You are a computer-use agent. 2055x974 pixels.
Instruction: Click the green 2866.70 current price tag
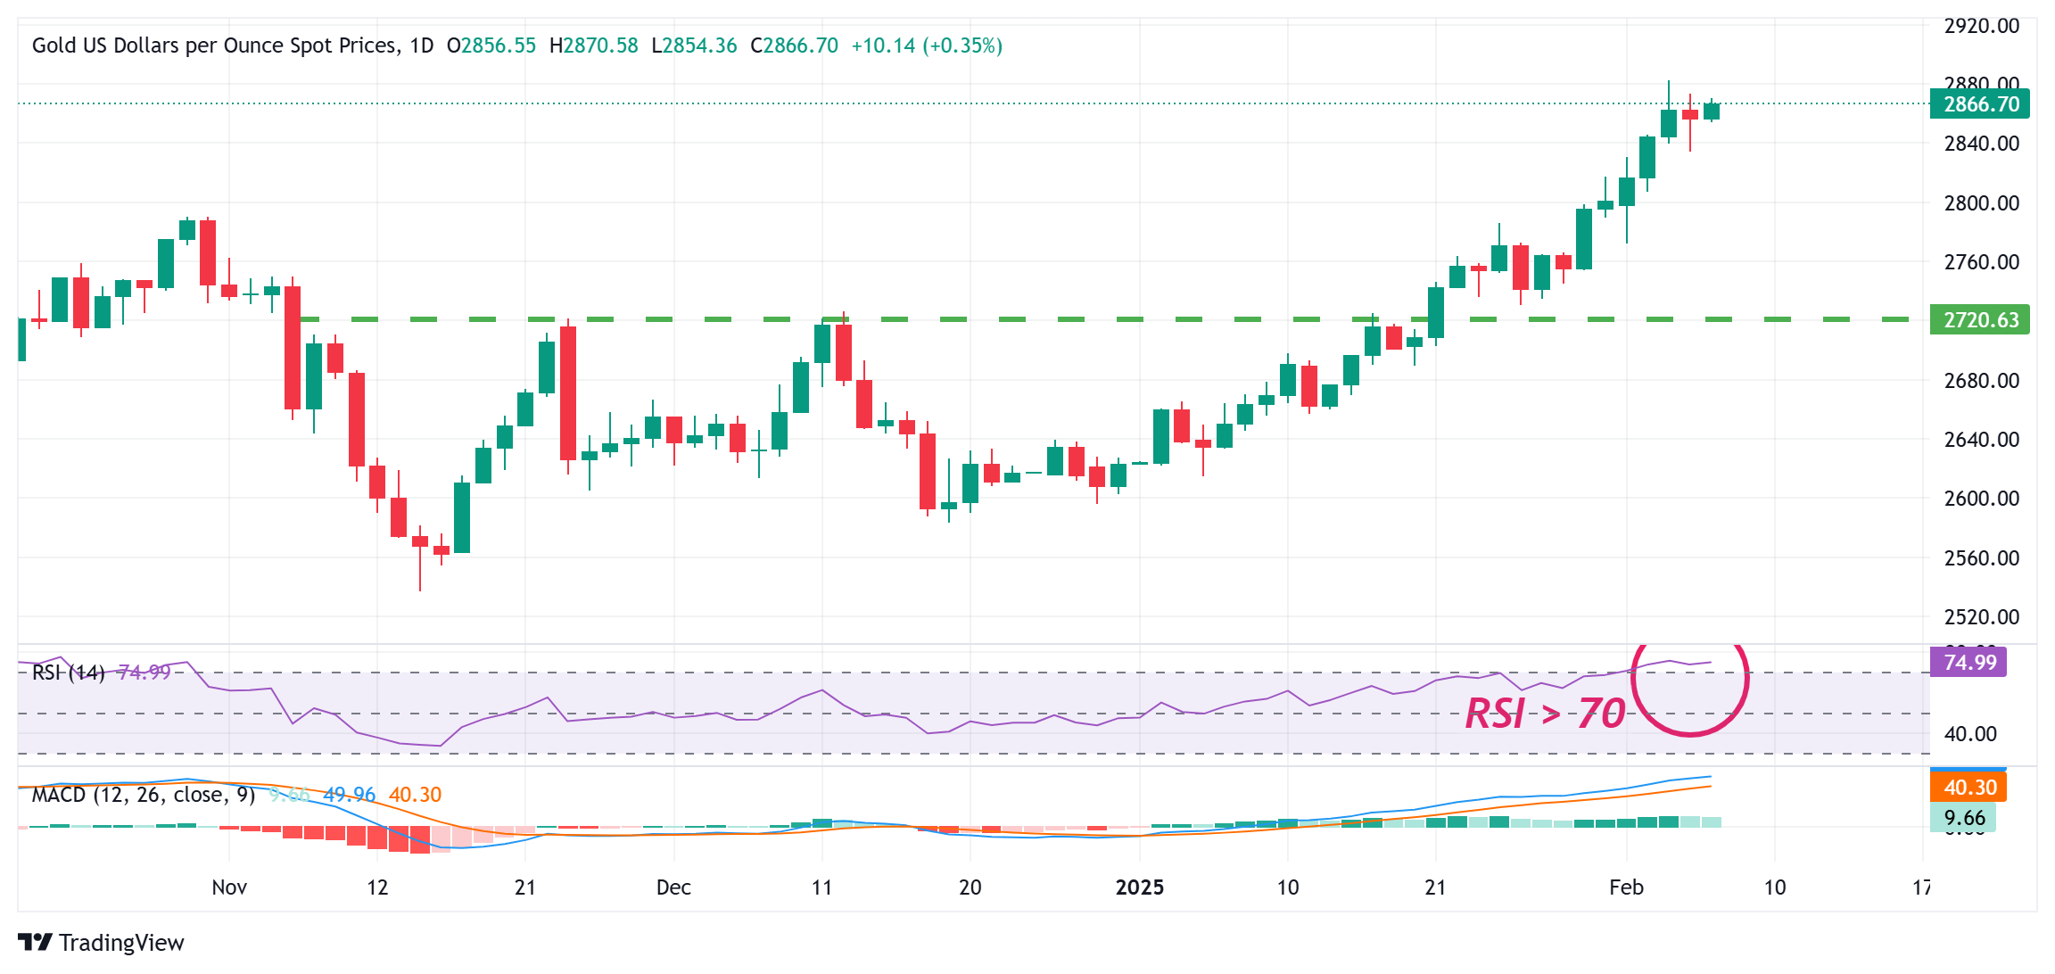(x=1980, y=104)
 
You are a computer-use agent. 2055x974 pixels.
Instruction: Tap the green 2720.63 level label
(x=1980, y=319)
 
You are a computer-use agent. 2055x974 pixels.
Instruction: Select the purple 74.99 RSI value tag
(x=1968, y=663)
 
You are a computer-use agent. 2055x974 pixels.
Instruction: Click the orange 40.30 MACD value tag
(x=1968, y=788)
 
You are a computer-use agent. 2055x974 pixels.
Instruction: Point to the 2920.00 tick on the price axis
(x=1981, y=26)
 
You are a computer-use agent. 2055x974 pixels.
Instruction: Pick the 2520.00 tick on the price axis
(x=1981, y=616)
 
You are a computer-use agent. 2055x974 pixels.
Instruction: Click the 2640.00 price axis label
(x=1981, y=440)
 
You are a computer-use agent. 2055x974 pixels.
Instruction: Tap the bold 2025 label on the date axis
(x=1140, y=887)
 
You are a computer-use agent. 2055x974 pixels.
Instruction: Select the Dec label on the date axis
(x=673, y=887)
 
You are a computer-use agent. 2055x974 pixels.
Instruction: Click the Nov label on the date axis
(x=229, y=887)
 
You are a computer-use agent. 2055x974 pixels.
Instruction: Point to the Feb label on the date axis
(x=1626, y=887)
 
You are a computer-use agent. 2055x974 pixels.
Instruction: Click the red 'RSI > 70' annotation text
(x=1545, y=714)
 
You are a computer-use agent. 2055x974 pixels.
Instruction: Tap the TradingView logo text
(x=121, y=943)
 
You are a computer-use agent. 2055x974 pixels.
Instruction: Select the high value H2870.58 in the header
(x=594, y=45)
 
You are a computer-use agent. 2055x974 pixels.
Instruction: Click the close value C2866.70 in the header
(x=794, y=45)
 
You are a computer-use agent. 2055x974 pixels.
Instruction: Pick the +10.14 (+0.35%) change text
(x=927, y=45)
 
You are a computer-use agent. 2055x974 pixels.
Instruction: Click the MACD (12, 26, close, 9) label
(x=144, y=795)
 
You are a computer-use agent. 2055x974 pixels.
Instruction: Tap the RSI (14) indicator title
(x=68, y=673)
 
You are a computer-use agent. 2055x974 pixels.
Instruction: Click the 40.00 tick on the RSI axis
(x=1969, y=734)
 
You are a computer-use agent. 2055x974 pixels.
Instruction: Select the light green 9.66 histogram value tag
(x=1964, y=818)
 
